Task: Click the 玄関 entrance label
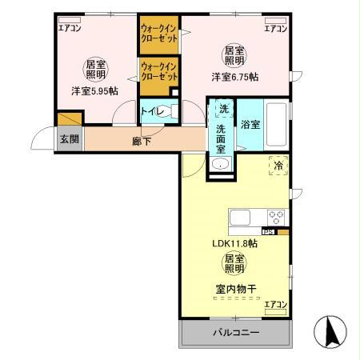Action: pos(68,138)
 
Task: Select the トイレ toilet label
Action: pos(151,113)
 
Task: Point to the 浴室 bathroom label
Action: pos(250,125)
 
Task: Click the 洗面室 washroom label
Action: pos(222,137)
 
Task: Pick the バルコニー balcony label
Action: pos(235,332)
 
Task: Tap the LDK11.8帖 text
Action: pos(234,241)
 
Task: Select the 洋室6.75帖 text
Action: pos(239,77)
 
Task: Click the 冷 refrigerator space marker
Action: pos(278,166)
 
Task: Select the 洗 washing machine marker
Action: pos(222,109)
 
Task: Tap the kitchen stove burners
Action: pos(277,216)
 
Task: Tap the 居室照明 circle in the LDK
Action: pos(234,264)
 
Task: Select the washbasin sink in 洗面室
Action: pos(222,164)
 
